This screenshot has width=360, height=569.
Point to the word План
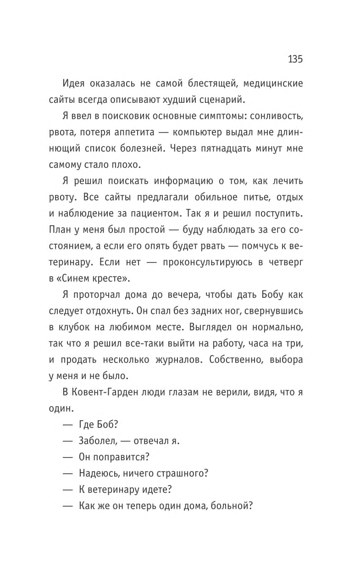click(60, 258)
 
